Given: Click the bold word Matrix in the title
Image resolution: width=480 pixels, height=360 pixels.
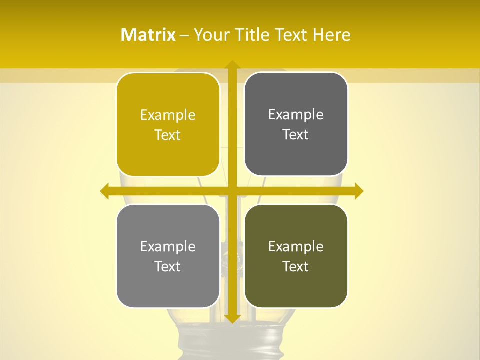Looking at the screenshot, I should [148, 35].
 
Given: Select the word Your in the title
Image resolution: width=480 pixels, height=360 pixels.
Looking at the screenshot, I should [210, 35].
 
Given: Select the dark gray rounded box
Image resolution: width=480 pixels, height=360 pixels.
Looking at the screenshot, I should [296, 155].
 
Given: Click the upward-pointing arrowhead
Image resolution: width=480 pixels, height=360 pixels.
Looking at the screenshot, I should [232, 65].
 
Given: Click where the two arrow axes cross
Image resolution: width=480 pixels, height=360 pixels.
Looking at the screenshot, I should [232, 191].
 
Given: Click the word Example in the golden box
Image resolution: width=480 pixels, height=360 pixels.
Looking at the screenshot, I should [168, 115].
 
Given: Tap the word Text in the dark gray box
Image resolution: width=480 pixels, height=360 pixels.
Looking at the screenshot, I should [296, 135].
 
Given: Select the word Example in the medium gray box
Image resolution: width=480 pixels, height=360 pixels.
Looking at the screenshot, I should [168, 247].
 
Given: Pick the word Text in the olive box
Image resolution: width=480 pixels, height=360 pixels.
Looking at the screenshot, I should [296, 267].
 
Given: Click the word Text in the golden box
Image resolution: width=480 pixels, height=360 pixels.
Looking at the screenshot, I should [168, 135].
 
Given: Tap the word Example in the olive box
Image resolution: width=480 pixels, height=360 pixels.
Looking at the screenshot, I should [296, 247].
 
